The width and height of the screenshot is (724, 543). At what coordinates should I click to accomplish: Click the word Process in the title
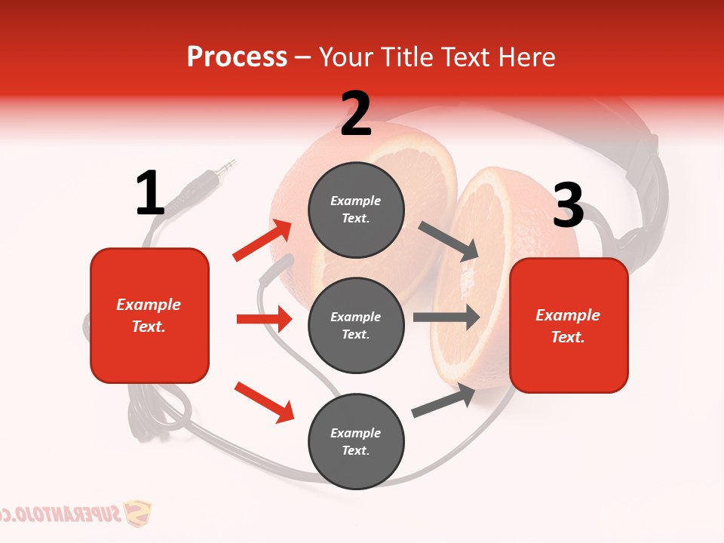(237, 57)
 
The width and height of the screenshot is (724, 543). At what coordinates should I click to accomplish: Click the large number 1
(149, 194)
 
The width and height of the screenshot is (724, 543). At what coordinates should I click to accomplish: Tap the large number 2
(356, 115)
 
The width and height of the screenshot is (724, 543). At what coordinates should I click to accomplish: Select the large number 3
(568, 206)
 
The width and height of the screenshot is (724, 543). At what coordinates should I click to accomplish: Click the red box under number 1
(149, 315)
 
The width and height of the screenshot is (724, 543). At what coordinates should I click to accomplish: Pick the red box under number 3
(569, 325)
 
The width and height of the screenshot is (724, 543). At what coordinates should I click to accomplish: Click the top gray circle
(356, 210)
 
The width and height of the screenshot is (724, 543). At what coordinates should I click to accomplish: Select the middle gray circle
(356, 325)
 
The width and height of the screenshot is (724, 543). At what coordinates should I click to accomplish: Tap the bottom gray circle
(356, 441)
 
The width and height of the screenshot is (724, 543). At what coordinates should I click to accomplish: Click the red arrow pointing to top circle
(262, 241)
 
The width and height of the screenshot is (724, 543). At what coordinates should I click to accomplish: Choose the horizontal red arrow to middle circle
(264, 319)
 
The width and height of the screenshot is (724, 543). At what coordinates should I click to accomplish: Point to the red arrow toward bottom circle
(264, 402)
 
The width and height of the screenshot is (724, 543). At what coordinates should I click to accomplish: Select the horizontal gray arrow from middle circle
(446, 317)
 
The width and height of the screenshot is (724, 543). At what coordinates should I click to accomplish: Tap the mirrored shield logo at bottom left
(137, 514)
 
